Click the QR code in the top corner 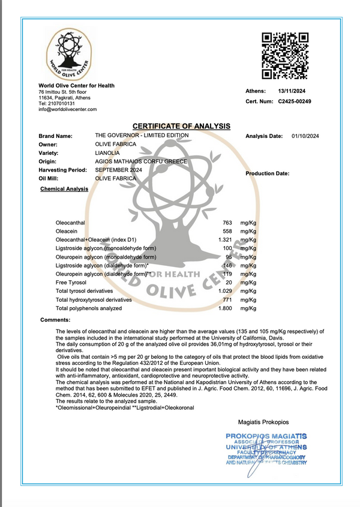286,56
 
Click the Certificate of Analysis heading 181,126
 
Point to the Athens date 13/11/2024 292,91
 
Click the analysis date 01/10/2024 305,136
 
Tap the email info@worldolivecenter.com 68,109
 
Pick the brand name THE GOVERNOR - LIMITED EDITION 142,136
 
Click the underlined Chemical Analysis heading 64,189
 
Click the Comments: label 55,320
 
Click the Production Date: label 268,173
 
